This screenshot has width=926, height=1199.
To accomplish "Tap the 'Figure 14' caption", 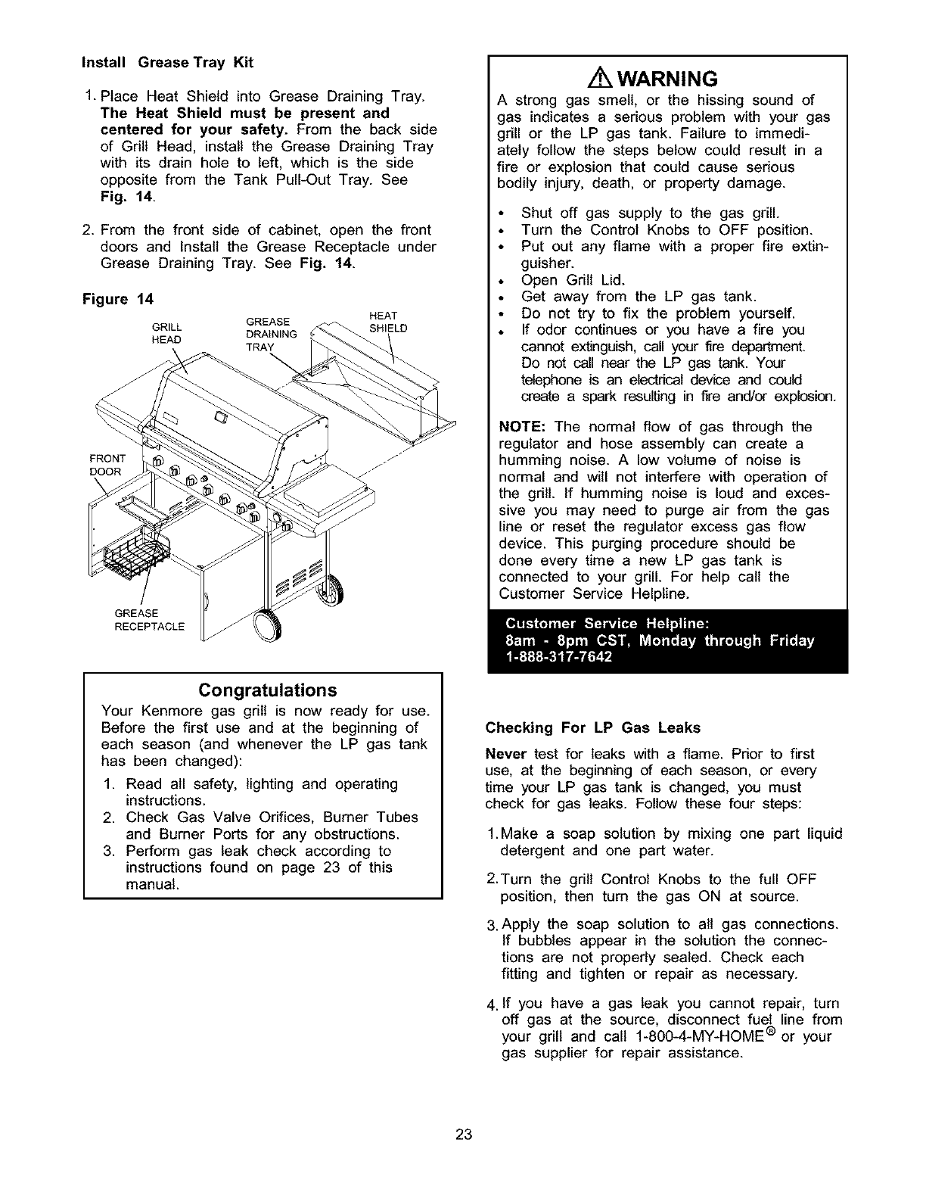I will [x=117, y=299].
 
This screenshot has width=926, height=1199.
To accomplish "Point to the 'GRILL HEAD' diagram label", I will [x=166, y=334].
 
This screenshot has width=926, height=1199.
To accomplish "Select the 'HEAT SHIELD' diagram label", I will [x=388, y=322].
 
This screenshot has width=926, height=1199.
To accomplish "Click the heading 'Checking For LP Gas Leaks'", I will [x=593, y=728].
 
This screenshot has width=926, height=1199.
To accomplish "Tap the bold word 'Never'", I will [x=506, y=754].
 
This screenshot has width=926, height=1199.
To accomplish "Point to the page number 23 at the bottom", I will [x=464, y=1133].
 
